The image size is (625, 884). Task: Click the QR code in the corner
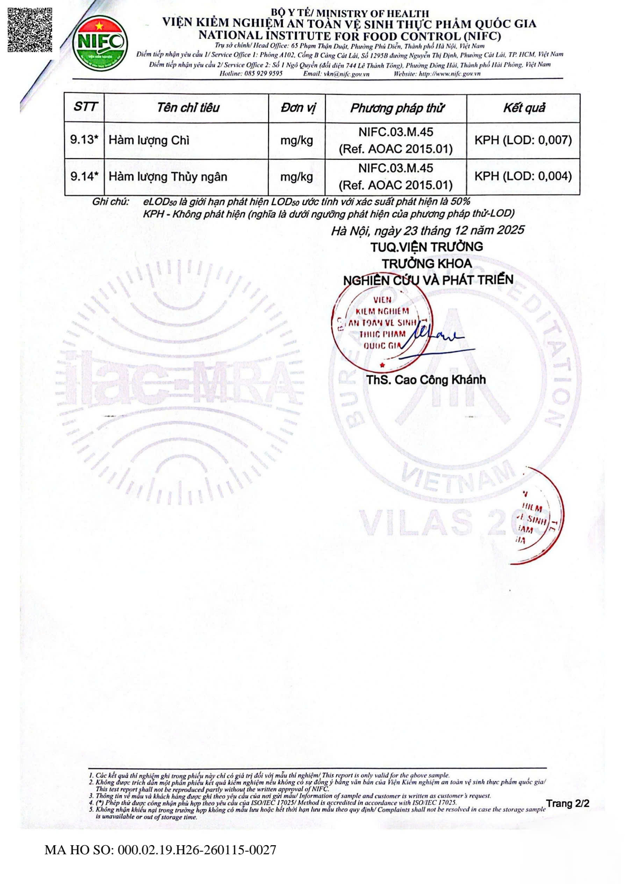click(x=30, y=30)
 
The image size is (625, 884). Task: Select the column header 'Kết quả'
click(x=524, y=108)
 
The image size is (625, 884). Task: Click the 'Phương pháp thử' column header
click(x=396, y=108)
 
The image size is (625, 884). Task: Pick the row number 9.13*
click(x=84, y=140)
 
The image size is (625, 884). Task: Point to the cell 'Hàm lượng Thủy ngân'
click(x=168, y=177)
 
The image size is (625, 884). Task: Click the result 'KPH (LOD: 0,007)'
click(x=523, y=140)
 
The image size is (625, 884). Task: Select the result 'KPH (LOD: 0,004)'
click(x=523, y=176)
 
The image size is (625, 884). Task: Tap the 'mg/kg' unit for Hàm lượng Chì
click(x=296, y=140)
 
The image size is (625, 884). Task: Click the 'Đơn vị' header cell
click(x=297, y=108)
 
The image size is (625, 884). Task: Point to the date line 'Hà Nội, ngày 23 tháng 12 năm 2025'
click(x=427, y=230)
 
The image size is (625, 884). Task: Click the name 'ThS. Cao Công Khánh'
click(x=426, y=380)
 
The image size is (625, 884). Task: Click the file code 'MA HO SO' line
click(x=160, y=850)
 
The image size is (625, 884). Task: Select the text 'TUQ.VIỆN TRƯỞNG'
click(x=426, y=247)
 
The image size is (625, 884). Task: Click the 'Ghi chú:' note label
click(x=110, y=202)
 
